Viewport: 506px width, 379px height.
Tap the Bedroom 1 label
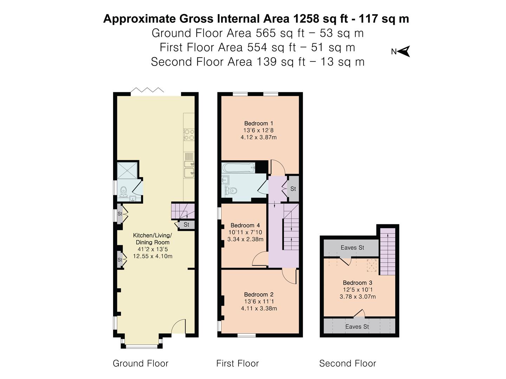coord(259,123)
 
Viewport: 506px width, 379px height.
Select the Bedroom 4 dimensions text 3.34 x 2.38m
coord(245,239)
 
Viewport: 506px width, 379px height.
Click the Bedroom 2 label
coord(259,294)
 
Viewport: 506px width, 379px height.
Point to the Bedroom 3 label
coord(357,282)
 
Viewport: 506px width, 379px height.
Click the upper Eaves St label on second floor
coord(352,247)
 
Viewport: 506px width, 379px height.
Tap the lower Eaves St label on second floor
coord(357,327)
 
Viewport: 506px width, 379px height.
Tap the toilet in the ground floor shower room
coord(123,191)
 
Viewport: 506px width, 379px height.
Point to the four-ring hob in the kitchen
coord(189,135)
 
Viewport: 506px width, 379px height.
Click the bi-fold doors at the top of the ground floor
coord(147,91)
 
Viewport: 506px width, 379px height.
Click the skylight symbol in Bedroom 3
coord(371,265)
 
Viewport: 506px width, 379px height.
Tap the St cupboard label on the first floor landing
coord(293,189)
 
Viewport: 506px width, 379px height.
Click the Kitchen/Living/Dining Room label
coord(153,239)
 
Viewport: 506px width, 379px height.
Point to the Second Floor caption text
coord(347,363)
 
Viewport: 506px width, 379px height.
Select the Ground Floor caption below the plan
coord(140,363)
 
